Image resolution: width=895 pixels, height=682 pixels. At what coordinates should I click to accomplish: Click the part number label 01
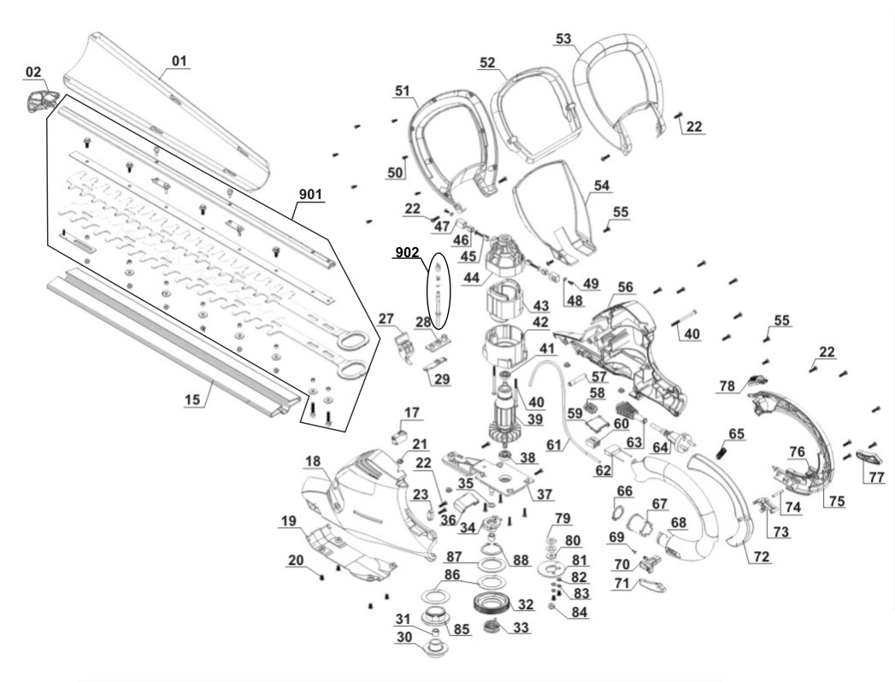179,61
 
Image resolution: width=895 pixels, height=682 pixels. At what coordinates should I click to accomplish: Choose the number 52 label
487,63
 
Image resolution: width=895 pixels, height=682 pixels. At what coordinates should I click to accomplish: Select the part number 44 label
471,278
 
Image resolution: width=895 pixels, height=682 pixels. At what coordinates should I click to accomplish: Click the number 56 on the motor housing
626,287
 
